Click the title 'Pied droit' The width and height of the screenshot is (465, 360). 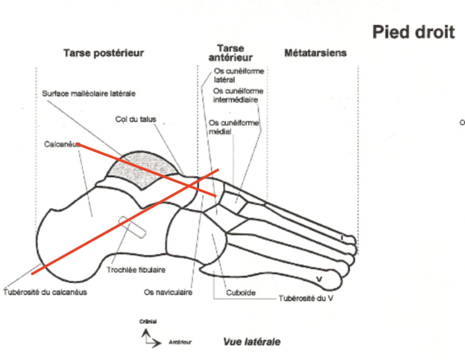pos(413,32)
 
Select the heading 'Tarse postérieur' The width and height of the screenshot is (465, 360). pos(103,53)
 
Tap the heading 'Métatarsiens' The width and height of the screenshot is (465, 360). pos(315,53)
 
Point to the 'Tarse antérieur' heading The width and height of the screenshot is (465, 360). pos(230,53)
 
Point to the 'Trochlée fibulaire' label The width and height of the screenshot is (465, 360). pos(135,270)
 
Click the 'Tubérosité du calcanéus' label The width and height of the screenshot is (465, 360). pos(45,292)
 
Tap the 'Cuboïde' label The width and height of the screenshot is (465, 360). pos(241,293)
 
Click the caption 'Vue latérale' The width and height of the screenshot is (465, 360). pos(251,342)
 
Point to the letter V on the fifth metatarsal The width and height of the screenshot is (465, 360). pos(319,279)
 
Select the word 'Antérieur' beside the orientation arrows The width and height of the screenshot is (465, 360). pos(181,342)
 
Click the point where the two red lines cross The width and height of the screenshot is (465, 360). pos(193,185)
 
